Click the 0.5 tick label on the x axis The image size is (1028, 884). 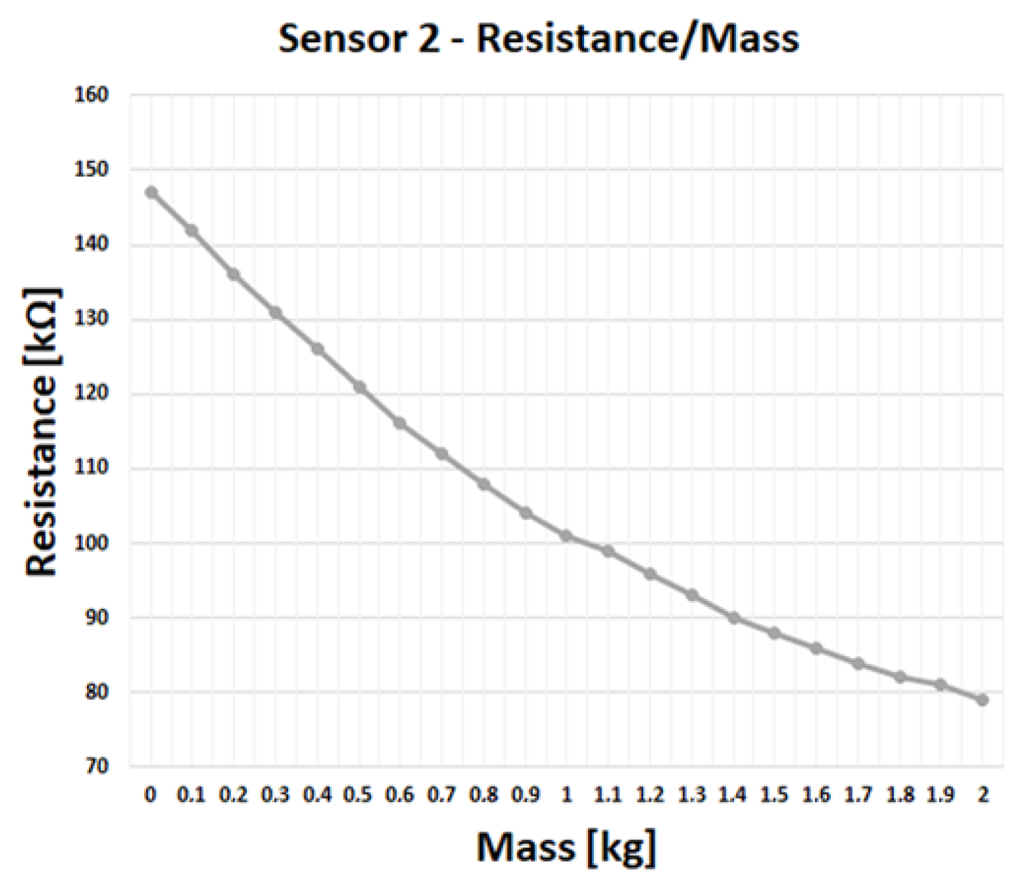(x=358, y=794)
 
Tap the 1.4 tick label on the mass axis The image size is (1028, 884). (x=733, y=794)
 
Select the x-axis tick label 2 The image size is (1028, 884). (x=983, y=794)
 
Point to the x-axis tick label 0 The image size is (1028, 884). (x=151, y=794)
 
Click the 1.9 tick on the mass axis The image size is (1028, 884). (x=941, y=794)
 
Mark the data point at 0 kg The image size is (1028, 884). (x=151, y=192)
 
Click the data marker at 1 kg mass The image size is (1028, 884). (x=567, y=535)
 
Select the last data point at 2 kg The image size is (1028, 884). (x=983, y=700)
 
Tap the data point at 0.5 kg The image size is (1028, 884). (x=359, y=387)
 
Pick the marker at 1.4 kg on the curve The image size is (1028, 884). (x=733, y=617)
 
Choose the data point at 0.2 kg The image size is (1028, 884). (x=234, y=275)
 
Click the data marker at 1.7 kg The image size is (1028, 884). (x=858, y=663)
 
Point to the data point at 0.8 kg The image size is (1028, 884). (x=483, y=484)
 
